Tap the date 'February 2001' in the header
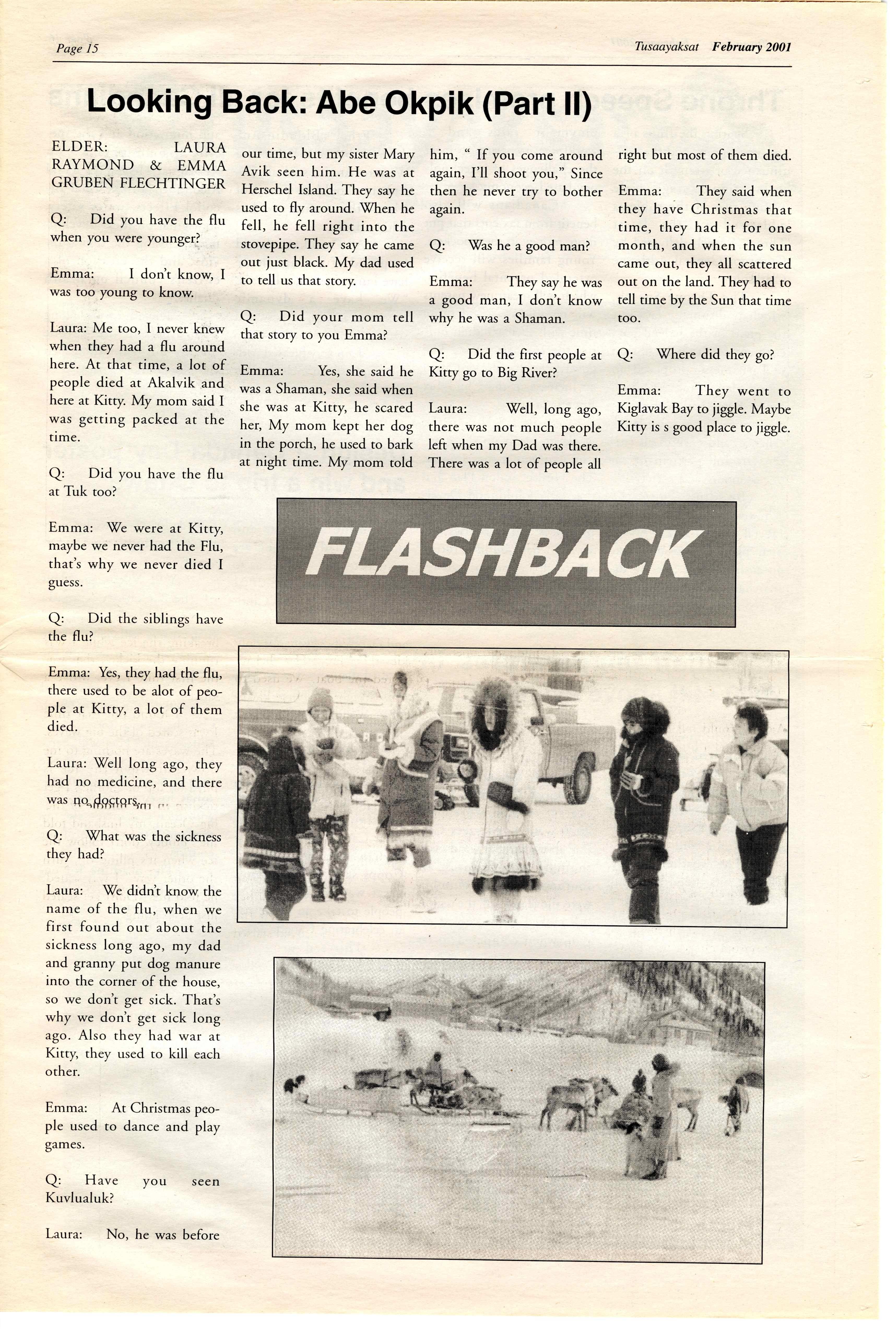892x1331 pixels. coord(751,47)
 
